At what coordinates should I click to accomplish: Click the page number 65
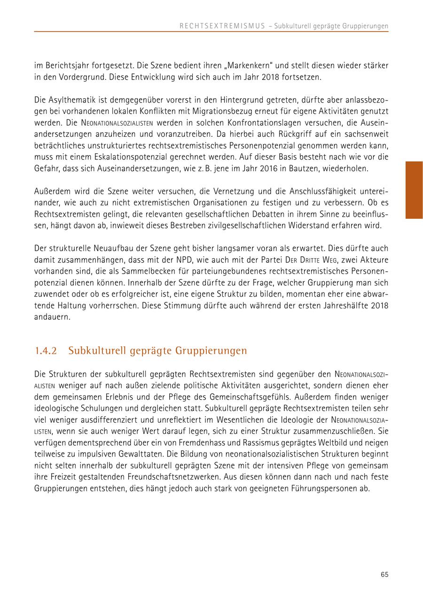click(x=384, y=574)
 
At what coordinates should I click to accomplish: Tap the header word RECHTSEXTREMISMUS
click(x=222, y=26)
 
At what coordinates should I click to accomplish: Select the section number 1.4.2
click(x=46, y=351)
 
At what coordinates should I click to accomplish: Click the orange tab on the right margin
click(x=414, y=190)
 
